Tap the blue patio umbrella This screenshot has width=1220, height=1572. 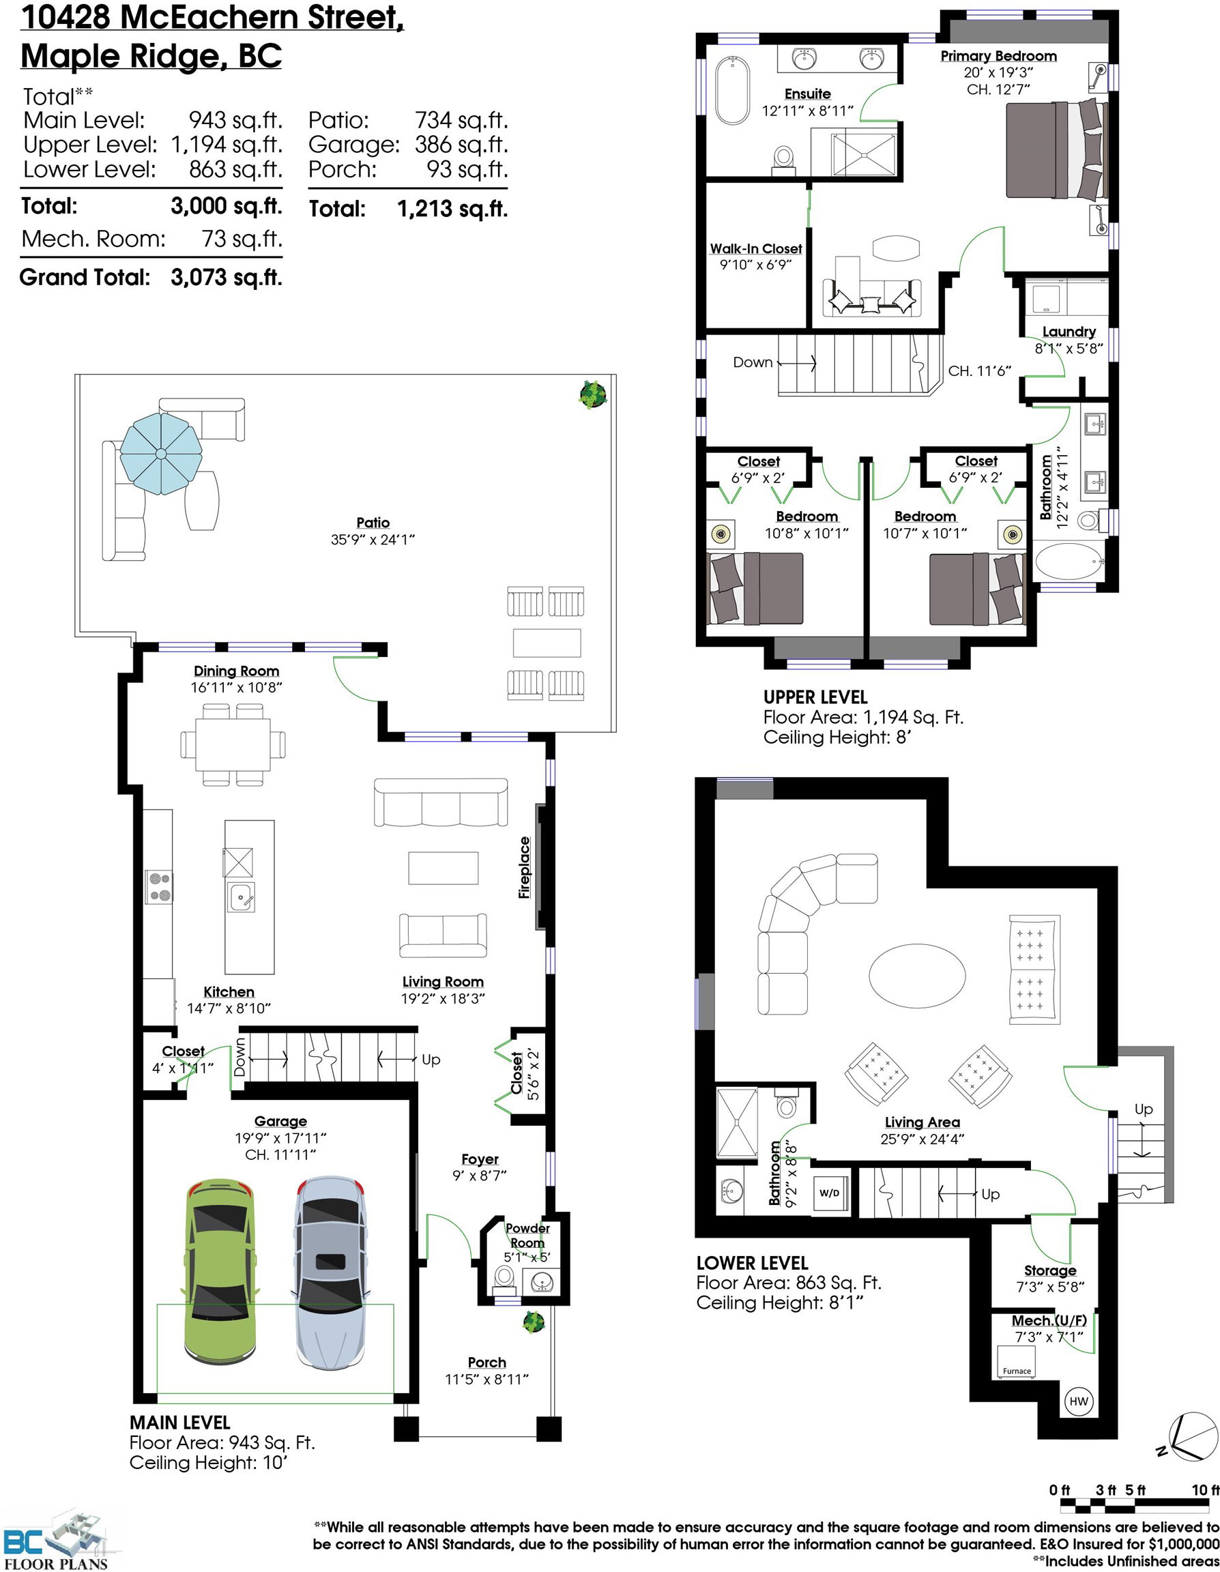[161, 454]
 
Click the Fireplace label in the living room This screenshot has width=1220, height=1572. [525, 867]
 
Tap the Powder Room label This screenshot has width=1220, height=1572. [527, 1235]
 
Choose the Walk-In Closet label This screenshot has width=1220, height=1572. [756, 248]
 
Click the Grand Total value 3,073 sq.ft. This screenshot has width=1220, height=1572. [226, 277]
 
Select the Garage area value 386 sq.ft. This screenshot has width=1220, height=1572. [461, 145]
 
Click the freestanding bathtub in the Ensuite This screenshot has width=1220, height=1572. [733, 91]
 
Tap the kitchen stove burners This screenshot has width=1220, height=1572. [159, 887]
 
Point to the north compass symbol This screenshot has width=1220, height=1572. [1189, 1438]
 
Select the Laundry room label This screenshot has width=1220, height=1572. [1069, 332]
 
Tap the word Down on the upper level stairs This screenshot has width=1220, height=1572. [752, 363]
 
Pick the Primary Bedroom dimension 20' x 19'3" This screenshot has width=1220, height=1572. [998, 73]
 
